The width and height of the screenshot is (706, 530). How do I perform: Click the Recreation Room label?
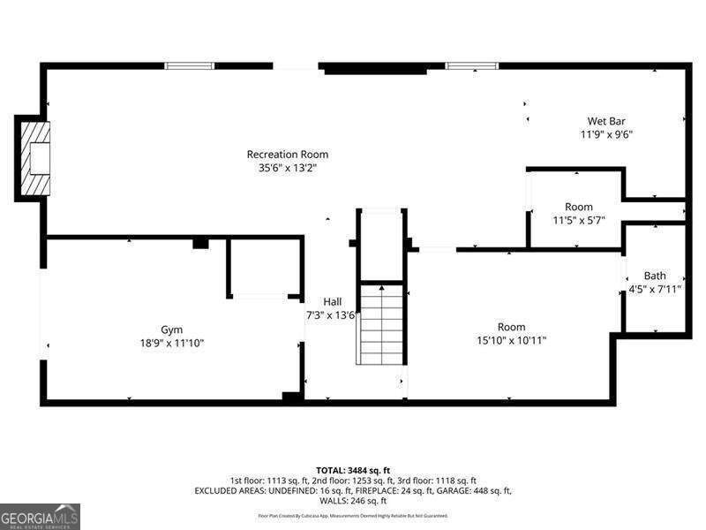click(x=287, y=155)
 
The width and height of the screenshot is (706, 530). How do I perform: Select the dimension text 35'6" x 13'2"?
click(x=287, y=167)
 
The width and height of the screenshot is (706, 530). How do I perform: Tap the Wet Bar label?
click(x=606, y=122)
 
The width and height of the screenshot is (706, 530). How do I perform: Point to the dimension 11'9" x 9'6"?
click(x=606, y=134)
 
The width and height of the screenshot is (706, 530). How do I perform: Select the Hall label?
click(x=332, y=302)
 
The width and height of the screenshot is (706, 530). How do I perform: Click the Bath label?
click(x=655, y=276)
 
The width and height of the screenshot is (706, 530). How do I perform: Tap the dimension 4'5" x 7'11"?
click(x=654, y=289)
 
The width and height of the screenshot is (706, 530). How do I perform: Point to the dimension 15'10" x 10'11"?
click(x=511, y=340)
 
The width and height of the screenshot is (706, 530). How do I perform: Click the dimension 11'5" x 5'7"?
click(x=579, y=220)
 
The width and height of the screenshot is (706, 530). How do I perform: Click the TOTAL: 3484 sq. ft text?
click(x=353, y=469)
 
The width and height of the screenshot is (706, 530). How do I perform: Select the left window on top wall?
click(x=190, y=65)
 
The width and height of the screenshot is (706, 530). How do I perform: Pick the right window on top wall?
click(x=471, y=65)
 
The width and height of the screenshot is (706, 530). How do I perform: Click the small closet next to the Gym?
click(x=262, y=266)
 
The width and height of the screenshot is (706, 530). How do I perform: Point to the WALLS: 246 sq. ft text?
click(x=353, y=500)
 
